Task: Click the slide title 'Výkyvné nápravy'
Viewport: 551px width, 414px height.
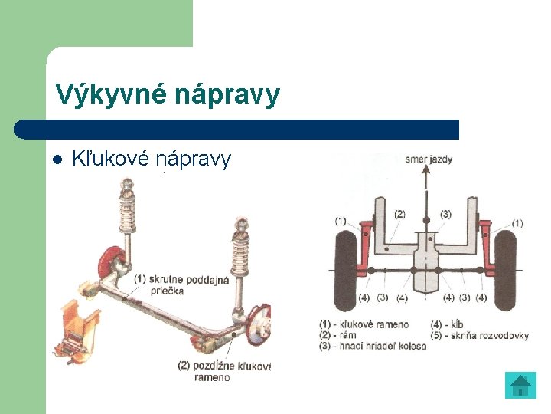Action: (168, 95)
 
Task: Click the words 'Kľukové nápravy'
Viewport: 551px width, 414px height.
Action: (151, 159)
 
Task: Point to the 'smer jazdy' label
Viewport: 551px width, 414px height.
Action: (429, 160)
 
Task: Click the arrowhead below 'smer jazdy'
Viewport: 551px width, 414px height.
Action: (426, 171)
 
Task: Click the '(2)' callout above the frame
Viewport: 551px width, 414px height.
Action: (399, 214)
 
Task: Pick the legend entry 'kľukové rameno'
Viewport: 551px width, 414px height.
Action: (364, 324)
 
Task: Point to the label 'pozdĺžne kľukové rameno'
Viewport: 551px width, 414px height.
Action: (223, 371)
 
